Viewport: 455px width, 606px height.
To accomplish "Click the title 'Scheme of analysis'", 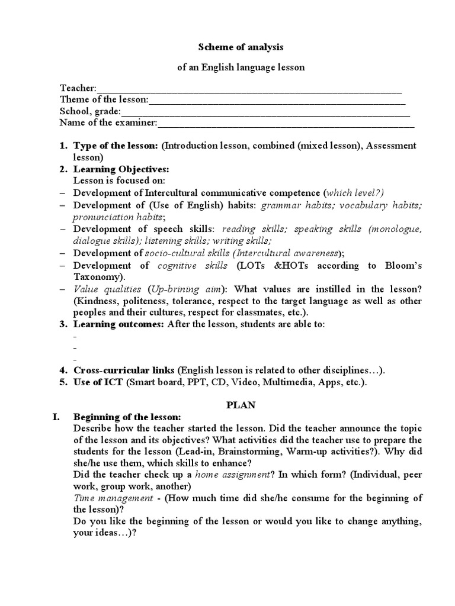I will pos(241,47).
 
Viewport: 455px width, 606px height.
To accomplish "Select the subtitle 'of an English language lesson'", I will pos(241,67).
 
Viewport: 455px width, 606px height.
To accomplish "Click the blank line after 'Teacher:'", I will pos(249,89).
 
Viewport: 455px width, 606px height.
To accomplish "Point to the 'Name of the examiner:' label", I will pos(108,123).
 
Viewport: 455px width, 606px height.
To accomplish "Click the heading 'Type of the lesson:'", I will pos(116,146).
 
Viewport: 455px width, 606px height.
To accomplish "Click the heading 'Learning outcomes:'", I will pos(119,324).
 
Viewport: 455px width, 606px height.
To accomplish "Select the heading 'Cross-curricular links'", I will pos(124,370).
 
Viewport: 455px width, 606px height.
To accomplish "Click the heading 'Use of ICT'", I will pos(98,382).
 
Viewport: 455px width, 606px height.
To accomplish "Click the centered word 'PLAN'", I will pos(241,405).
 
